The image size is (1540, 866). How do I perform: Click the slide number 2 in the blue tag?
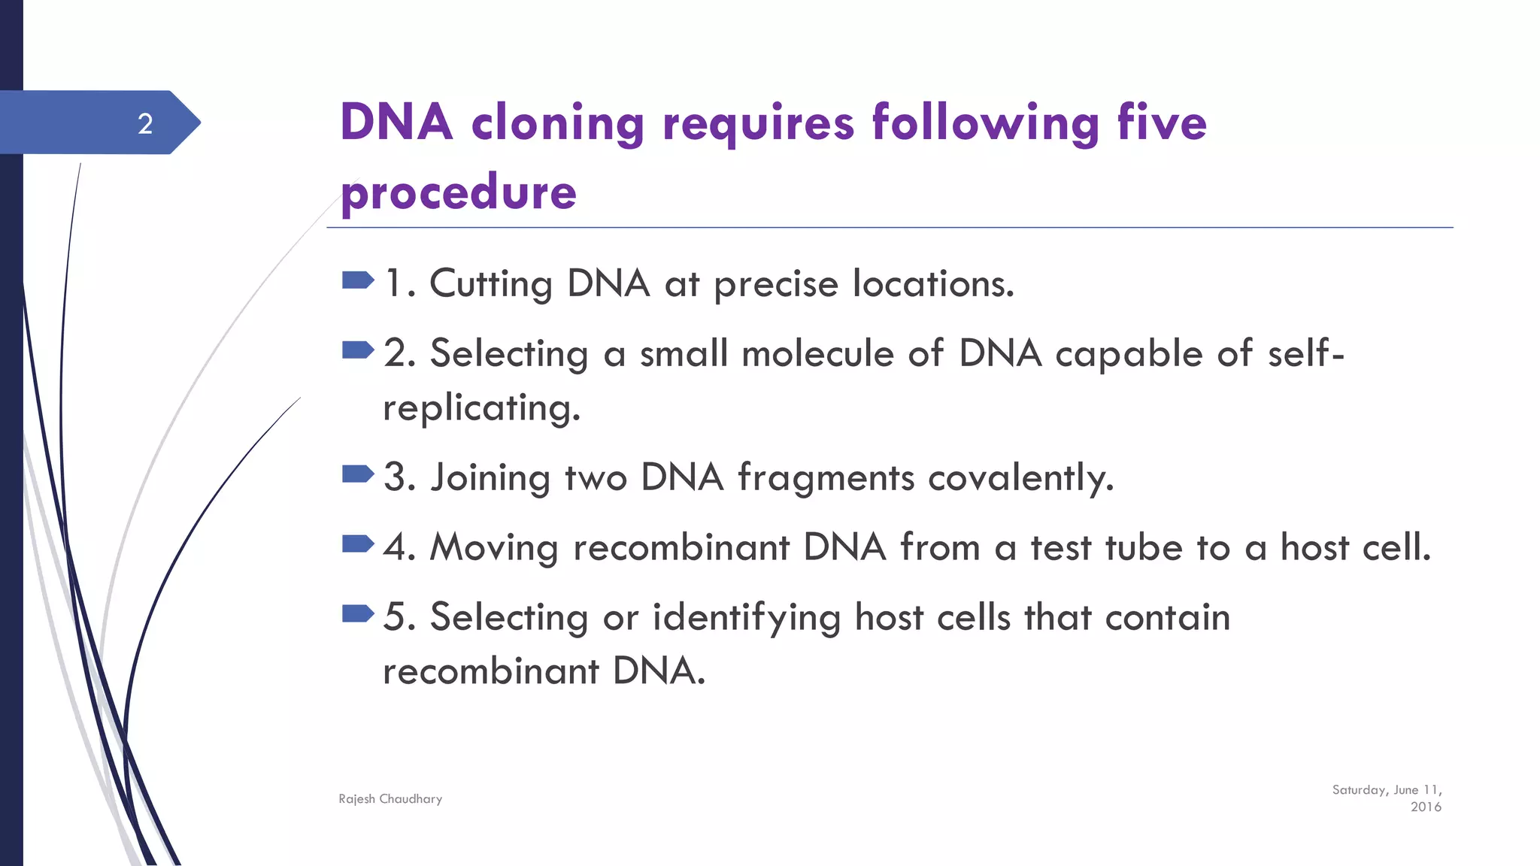click(145, 123)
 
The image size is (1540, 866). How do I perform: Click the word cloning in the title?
click(557, 123)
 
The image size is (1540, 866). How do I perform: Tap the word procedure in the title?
click(459, 192)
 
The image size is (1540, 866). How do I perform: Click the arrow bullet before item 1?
click(357, 281)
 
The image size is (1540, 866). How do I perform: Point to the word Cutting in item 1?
click(490, 284)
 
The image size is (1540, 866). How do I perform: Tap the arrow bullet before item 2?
click(357, 350)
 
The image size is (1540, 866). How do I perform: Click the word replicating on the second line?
click(481, 409)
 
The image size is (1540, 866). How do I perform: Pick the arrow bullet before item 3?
click(357, 474)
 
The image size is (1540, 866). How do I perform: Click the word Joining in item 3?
click(490, 478)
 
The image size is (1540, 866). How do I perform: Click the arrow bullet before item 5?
click(357, 614)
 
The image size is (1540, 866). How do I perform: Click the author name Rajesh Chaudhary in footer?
click(390, 799)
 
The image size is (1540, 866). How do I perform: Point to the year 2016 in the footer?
click(1426, 807)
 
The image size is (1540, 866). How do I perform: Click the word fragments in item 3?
click(826, 478)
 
